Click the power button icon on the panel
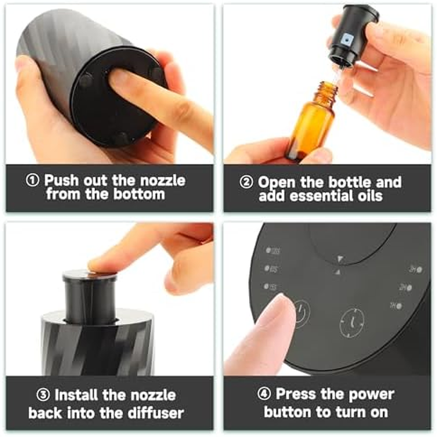[x=300, y=313]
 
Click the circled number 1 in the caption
[x=33, y=180]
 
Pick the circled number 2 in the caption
[x=247, y=182]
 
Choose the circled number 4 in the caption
[x=265, y=394]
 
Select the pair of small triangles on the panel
[x=339, y=265]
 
